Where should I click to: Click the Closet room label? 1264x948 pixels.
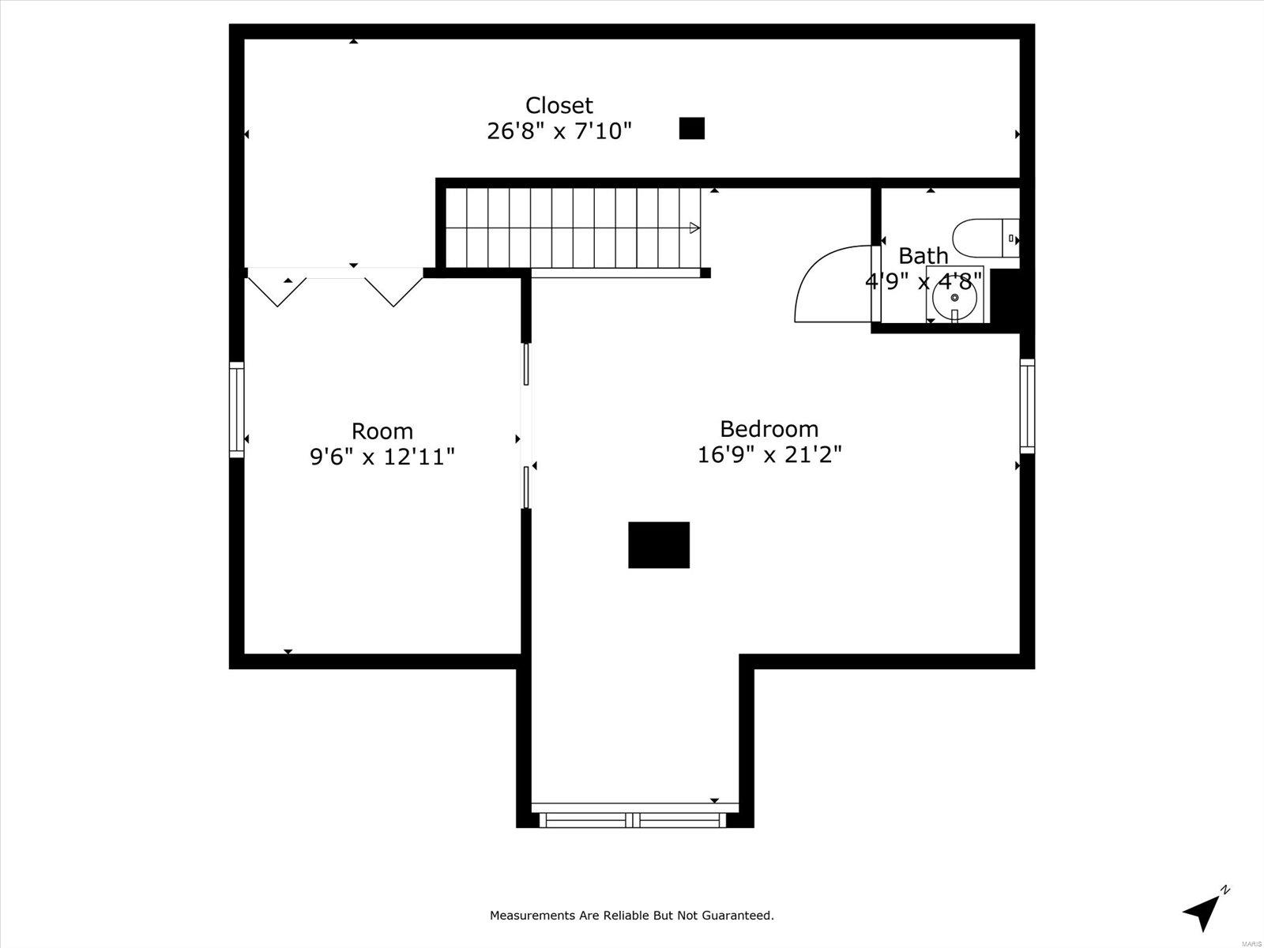pos(559,105)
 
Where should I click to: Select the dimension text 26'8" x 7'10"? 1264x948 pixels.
pos(559,131)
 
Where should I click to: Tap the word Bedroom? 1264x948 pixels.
pos(769,429)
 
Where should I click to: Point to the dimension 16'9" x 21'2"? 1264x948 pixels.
pos(769,455)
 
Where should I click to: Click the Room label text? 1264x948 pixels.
pos(382,431)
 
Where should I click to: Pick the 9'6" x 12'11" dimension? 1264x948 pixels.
pos(382,457)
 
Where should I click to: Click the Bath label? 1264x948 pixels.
pos(923,255)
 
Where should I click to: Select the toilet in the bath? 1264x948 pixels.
pos(985,238)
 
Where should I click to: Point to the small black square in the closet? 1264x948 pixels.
pos(691,128)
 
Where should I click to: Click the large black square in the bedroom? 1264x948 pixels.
pos(659,544)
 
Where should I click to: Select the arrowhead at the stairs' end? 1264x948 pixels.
pos(694,228)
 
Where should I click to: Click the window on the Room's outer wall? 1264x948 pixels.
pos(237,410)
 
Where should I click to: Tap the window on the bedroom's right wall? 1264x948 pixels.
pos(1027,406)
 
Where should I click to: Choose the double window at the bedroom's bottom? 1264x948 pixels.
pos(634,820)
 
